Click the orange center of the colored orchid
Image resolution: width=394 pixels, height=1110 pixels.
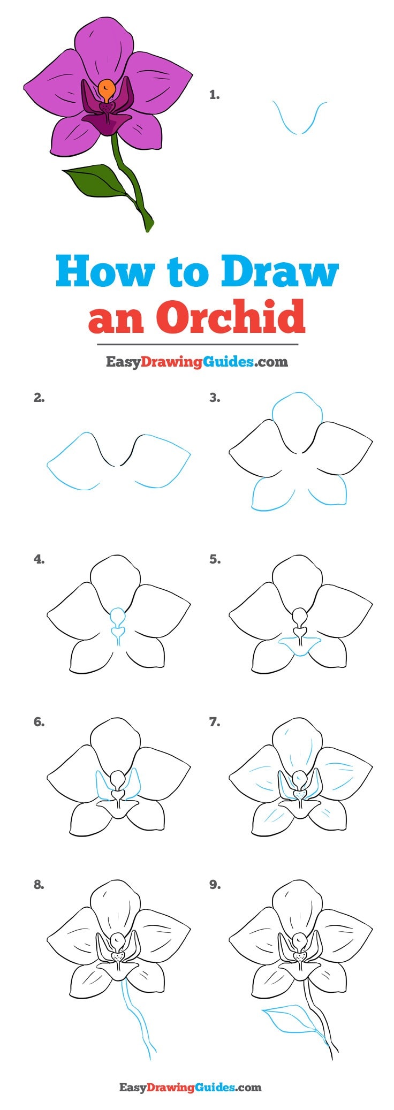click(x=107, y=90)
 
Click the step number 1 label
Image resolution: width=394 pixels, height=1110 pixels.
click(x=214, y=95)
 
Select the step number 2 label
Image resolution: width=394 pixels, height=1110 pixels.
click(x=39, y=398)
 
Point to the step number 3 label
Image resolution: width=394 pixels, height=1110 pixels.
click(x=215, y=398)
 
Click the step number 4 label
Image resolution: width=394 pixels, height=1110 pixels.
click(x=39, y=559)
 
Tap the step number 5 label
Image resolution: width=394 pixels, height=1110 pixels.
click(x=215, y=559)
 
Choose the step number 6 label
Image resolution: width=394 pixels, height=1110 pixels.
click(x=39, y=722)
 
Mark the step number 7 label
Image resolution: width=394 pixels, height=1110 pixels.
click(x=215, y=722)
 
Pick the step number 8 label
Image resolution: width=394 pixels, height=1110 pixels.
click(x=39, y=885)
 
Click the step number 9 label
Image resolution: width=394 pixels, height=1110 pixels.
click(x=215, y=885)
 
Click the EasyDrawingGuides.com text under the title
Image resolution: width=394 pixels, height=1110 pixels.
click(x=196, y=362)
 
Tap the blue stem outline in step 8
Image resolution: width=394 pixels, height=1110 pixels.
click(x=138, y=1017)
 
